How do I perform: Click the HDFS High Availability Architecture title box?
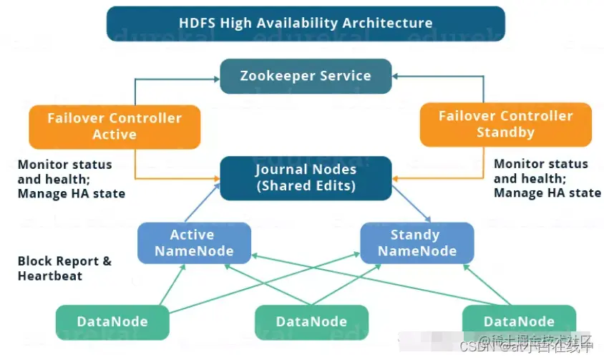pos(306,23)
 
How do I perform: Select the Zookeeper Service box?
pos(306,76)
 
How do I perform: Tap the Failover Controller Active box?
pos(115,126)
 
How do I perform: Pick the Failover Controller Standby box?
pos(505,124)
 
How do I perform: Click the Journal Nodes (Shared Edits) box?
pos(306,178)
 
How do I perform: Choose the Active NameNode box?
pos(194,243)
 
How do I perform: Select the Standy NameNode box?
pos(417,243)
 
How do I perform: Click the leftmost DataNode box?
pos(113,322)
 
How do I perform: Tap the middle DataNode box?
pos(311,322)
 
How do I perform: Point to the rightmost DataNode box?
pos(519,321)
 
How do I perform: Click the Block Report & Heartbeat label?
pos(64,268)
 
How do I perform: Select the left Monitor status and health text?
pos(71,179)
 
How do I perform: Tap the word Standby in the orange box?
pos(505,132)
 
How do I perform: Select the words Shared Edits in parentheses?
pos(306,186)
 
